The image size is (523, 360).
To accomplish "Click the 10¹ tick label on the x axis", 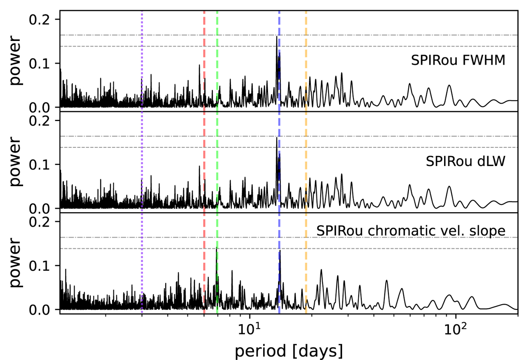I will pos(249,326).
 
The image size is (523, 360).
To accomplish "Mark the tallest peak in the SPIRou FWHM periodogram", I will pos(277,37).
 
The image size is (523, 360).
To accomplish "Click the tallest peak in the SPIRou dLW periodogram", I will pos(277,138).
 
